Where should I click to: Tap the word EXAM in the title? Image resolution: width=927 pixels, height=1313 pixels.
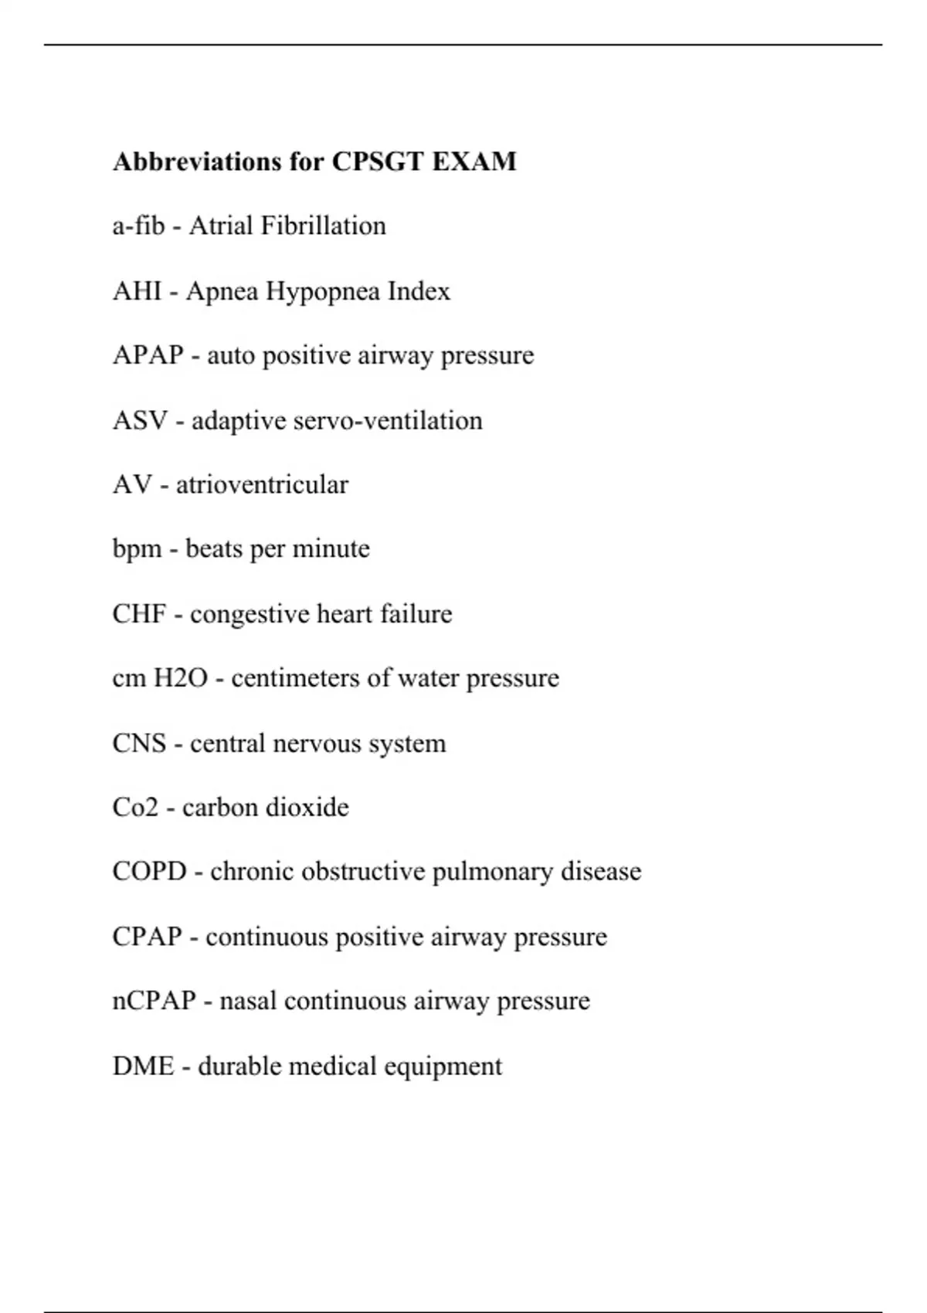[474, 161]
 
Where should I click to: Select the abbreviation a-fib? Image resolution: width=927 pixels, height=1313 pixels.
[139, 226]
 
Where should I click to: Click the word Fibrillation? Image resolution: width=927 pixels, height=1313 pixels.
[323, 226]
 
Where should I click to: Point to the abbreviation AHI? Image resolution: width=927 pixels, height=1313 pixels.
[137, 291]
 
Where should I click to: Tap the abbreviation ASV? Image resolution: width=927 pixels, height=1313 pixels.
[140, 421]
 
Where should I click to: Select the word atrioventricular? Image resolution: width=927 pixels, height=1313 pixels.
[262, 485]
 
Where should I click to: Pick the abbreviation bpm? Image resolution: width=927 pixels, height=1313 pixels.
[137, 549]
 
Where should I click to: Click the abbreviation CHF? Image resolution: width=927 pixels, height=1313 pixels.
[139, 614]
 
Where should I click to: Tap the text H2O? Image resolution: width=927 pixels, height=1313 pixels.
[181, 678]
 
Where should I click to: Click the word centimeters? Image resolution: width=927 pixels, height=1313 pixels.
[296, 678]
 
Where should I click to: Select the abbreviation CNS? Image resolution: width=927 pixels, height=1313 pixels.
[139, 743]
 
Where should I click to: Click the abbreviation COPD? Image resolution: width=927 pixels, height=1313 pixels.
[150, 871]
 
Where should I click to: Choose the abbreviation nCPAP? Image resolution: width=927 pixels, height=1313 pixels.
[154, 1001]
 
